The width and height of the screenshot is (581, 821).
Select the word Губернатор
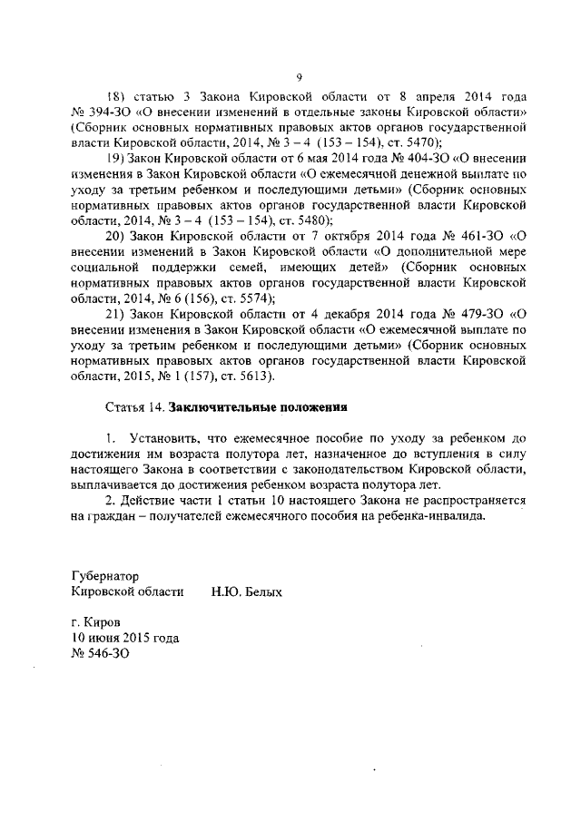[106, 575]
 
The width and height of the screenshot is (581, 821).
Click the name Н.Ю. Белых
[246, 591]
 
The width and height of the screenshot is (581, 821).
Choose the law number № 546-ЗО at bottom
[101, 653]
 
